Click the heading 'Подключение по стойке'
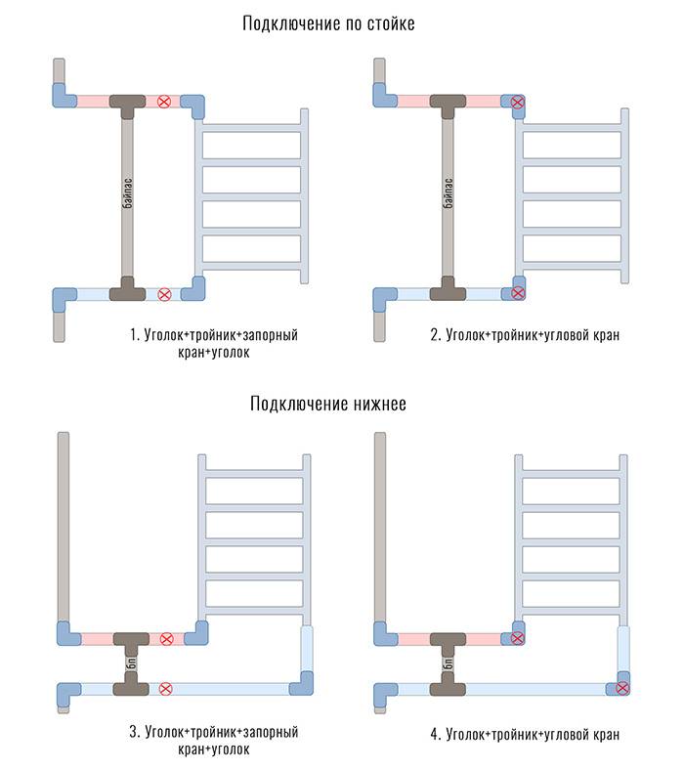[x=328, y=23]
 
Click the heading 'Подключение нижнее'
[x=328, y=404]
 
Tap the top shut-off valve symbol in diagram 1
[x=164, y=101]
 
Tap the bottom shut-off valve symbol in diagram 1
[x=164, y=292]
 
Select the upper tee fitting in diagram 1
[x=127, y=102]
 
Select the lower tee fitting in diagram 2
[x=449, y=290]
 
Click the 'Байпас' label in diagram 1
[x=127, y=198]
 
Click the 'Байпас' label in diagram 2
[x=449, y=198]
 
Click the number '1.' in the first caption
[x=135, y=335]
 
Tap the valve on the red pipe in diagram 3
[x=166, y=639]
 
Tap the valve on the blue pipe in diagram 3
[x=164, y=688]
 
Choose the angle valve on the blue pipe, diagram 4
[x=621, y=688]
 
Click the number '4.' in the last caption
[x=435, y=733]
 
